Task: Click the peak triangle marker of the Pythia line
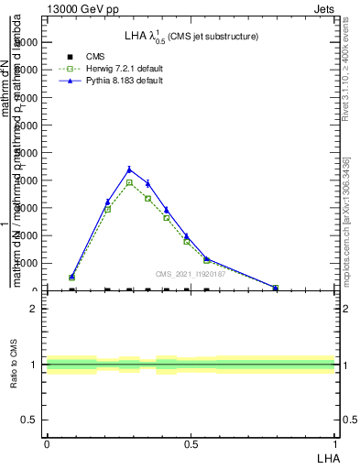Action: point(129,169)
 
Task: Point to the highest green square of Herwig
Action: point(129,182)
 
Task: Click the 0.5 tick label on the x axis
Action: point(191,444)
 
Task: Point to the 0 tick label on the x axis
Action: point(46,444)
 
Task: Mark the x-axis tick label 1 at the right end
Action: point(336,444)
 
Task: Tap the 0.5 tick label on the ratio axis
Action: point(28,420)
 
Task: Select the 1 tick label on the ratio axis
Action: point(33,365)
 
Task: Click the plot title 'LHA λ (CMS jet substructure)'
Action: point(191,36)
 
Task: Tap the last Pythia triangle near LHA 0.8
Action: point(276,288)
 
